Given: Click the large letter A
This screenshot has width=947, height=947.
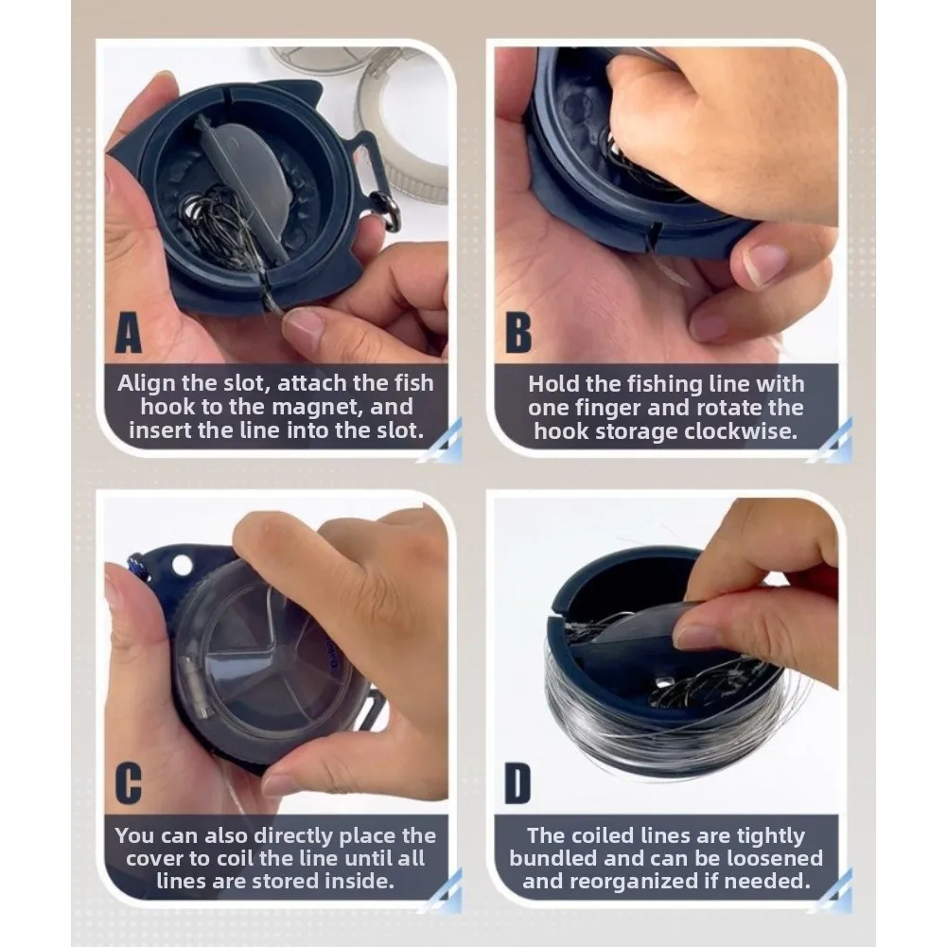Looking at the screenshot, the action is click(128, 333).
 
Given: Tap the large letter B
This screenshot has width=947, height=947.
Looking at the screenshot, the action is click(518, 333).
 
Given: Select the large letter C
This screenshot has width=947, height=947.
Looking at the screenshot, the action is click(128, 784).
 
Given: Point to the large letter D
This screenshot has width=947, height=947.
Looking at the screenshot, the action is click(517, 784).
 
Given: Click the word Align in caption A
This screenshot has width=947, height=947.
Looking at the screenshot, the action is click(146, 383).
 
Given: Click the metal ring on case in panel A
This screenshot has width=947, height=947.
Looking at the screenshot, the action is click(388, 210).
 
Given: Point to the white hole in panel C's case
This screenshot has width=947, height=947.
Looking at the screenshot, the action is click(182, 566).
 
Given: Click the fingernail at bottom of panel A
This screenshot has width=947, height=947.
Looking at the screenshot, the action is click(304, 324).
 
